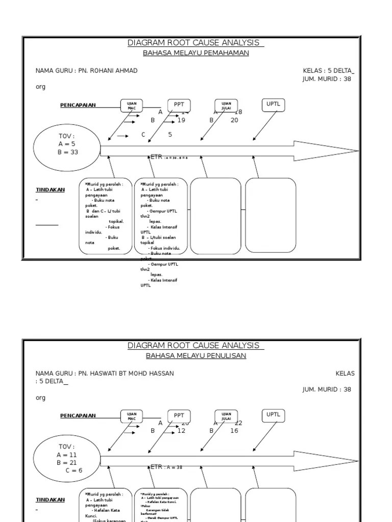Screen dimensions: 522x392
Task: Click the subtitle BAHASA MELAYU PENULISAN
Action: [x=196, y=356]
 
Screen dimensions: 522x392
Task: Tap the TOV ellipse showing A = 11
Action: [x=67, y=455]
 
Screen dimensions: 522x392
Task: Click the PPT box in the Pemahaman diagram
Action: [x=179, y=105]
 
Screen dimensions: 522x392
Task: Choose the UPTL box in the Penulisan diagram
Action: [x=273, y=415]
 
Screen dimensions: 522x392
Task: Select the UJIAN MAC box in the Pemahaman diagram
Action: [x=132, y=106]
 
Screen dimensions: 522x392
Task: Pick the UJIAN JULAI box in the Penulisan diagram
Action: [x=226, y=416]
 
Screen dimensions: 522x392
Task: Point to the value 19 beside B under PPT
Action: [x=181, y=120]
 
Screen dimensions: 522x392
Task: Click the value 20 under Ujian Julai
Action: [x=234, y=120]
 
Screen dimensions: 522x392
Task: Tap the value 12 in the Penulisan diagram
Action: [x=181, y=431]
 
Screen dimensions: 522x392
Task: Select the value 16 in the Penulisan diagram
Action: [x=234, y=431]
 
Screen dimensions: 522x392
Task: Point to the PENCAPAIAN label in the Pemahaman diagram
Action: [x=78, y=106]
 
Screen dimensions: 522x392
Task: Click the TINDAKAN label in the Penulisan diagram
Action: [x=50, y=500]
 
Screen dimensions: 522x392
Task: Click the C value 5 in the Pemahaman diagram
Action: [x=170, y=135]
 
